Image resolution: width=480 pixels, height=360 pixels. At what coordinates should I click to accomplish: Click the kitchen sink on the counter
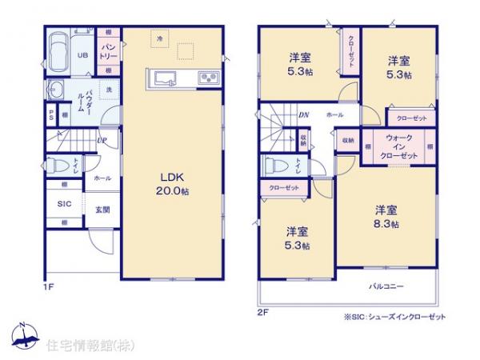coord(165,78)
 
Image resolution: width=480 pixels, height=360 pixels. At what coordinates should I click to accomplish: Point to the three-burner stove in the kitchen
coord(206,78)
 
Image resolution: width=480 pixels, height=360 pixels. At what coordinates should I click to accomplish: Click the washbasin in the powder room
coord(58,89)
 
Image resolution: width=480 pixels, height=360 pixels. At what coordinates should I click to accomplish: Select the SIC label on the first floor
coord(64,204)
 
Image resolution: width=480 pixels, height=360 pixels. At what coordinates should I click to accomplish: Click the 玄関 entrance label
coord(102,210)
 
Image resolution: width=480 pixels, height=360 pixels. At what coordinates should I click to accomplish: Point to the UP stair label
coord(102,142)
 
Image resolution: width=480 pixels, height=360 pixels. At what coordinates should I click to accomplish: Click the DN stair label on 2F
coord(304,115)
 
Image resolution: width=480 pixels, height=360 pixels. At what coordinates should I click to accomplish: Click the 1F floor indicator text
coord(48,283)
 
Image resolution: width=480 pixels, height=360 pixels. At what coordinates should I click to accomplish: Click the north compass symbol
coord(24,334)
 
